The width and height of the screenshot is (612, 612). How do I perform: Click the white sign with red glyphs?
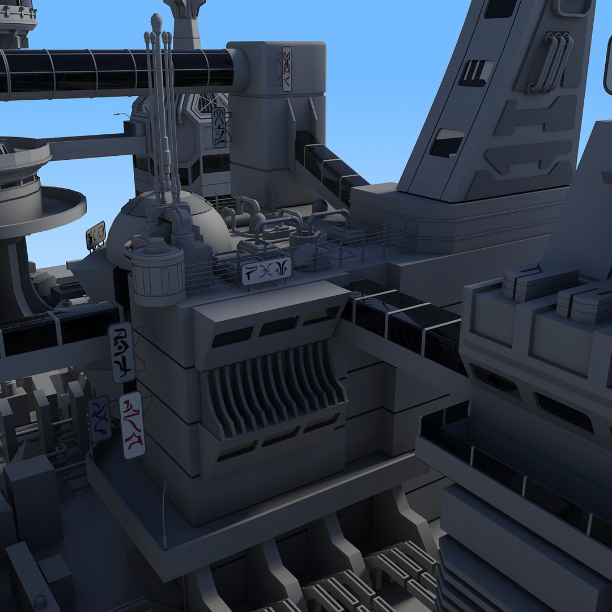point(131,425)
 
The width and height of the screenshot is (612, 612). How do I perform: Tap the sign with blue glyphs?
point(100,418)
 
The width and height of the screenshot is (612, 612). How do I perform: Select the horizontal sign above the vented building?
point(266,270)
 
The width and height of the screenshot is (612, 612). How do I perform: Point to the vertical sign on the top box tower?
point(287,69)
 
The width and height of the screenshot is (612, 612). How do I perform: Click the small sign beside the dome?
point(96,235)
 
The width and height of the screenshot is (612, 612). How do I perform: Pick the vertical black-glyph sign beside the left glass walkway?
point(122,352)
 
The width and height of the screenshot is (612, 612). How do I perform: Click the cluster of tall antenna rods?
point(161,113)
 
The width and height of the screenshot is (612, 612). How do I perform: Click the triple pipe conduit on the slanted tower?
point(550,62)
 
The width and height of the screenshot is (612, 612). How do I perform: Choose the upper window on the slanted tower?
point(476,73)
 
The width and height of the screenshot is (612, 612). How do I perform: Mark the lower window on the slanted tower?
point(448,143)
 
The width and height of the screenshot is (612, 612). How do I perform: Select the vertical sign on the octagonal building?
point(219,128)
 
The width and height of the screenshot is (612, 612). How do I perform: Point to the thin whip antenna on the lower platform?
point(164,510)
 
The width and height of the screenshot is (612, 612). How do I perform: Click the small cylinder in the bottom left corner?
point(40,601)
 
